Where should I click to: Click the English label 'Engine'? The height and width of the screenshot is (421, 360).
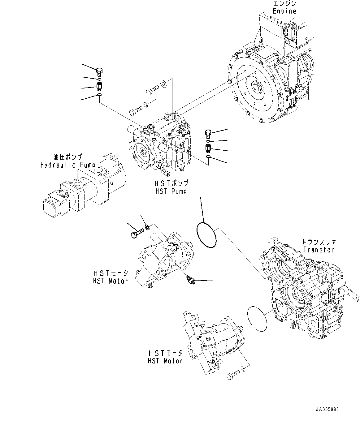coord(284,11)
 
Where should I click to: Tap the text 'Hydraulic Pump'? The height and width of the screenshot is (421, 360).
coord(68,165)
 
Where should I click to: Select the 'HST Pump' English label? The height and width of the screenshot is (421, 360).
coord(171,191)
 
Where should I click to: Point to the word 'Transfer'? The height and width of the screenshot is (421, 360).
coord(319,250)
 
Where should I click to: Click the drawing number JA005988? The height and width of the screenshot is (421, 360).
coord(327,409)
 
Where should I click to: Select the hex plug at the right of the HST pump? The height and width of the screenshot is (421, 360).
coord(208,134)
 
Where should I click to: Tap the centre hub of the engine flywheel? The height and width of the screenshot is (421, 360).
coord(256,88)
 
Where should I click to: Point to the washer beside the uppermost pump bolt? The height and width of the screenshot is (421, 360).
coord(163,83)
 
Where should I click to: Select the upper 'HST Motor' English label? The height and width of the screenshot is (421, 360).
coord(110,281)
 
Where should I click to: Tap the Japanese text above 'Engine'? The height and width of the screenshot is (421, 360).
coord(284,3)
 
